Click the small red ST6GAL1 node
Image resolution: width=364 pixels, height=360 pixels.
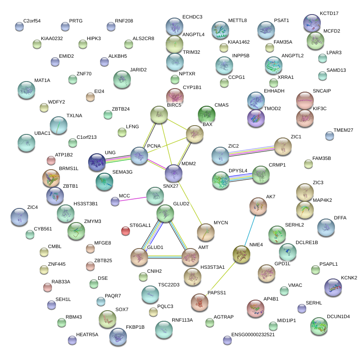coord(126,230)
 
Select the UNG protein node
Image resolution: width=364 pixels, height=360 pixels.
coord(97,162)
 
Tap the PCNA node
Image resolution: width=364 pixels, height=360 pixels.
coord(139,156)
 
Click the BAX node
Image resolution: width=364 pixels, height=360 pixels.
coord(194,134)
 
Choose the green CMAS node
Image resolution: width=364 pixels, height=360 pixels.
coord(207,115)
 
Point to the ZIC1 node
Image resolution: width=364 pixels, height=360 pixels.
coord(282,146)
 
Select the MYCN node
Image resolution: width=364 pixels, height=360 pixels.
coord(205,232)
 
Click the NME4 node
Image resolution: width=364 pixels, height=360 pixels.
coord(241,255)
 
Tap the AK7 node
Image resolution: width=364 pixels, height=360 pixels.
coord(258,205)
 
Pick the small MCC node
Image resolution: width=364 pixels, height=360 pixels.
coord(115,201)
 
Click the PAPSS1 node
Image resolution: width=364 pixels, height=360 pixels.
coord(200,302)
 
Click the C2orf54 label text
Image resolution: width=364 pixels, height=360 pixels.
coord(32,21)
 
